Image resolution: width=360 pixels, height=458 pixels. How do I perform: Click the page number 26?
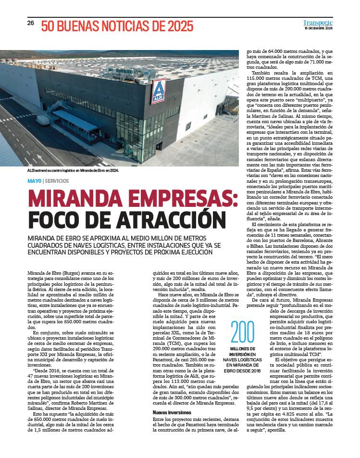point(30,23)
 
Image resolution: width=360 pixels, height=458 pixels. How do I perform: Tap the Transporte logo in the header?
point(318,23)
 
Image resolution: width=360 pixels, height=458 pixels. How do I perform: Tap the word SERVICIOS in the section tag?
point(57,181)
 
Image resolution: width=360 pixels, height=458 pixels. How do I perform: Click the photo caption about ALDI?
point(73,170)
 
